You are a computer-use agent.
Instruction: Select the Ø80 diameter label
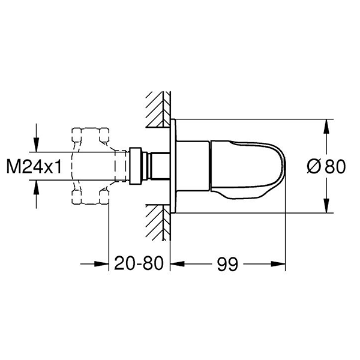tap(326, 167)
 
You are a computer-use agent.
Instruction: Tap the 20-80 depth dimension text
tap(139, 263)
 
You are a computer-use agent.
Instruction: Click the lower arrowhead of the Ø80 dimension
tap(326, 208)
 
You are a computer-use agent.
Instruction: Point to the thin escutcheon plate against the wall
tap(173, 166)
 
